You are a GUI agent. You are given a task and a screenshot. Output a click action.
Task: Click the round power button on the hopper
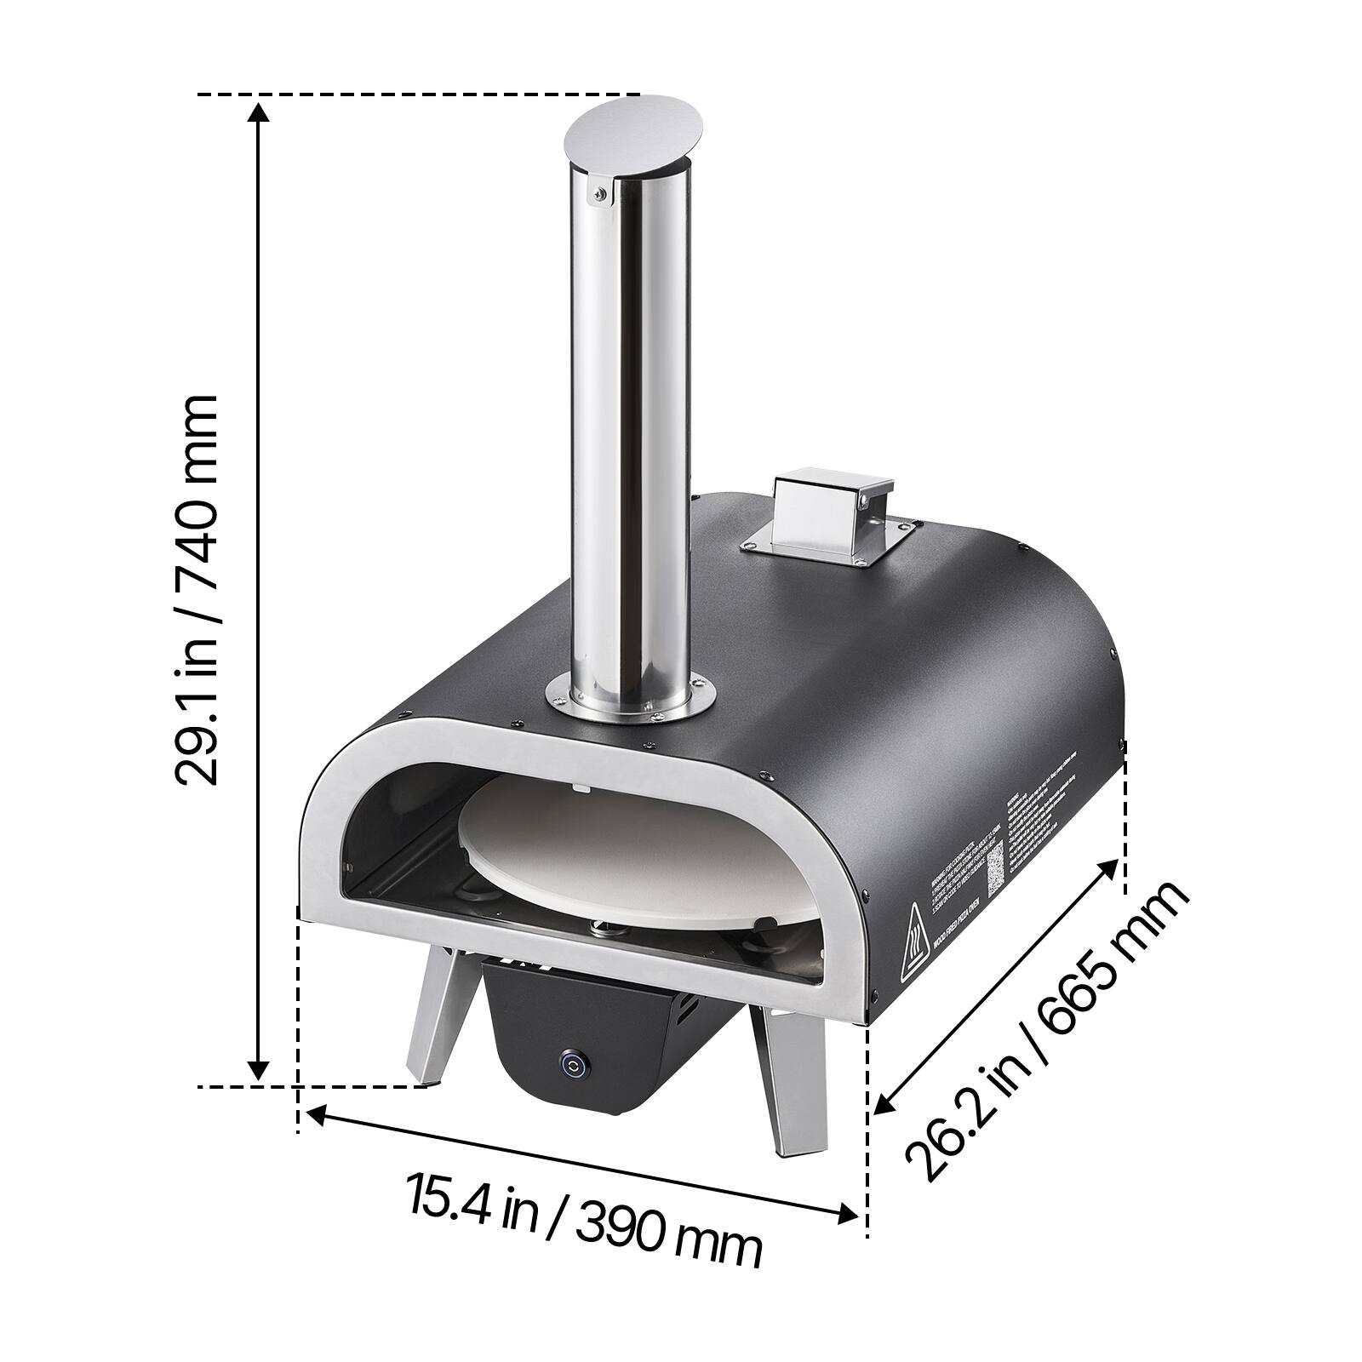[x=572, y=1063]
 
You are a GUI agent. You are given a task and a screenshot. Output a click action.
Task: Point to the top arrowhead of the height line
[x=259, y=111]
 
